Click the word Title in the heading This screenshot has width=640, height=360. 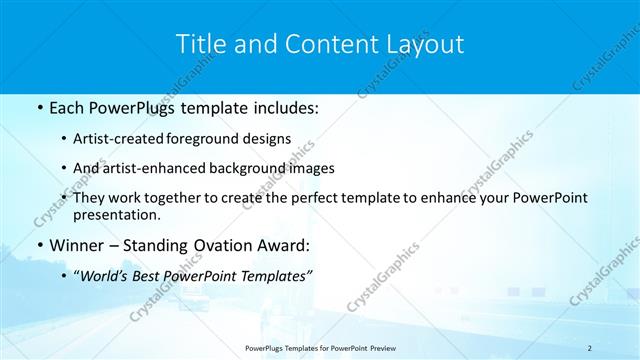click(198, 45)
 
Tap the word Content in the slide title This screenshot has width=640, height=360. click(324, 45)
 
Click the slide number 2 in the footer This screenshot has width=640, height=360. click(590, 347)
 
